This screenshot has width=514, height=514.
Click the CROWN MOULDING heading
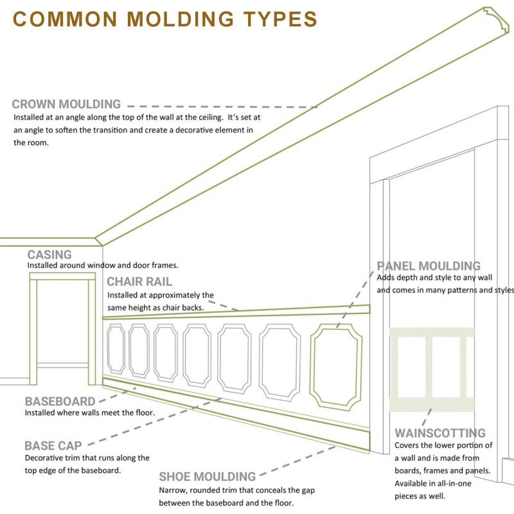point(66,104)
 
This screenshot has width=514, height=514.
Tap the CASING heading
point(49,255)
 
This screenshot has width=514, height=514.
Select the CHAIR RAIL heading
point(139,282)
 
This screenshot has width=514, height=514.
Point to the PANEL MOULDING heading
point(429,266)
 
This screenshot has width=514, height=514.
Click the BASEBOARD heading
point(60,402)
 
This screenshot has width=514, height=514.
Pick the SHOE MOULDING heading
point(208,477)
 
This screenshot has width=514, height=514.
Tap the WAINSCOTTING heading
point(440,433)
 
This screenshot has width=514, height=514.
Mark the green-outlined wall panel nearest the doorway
point(336,366)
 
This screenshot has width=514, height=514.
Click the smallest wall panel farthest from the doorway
point(116,348)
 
